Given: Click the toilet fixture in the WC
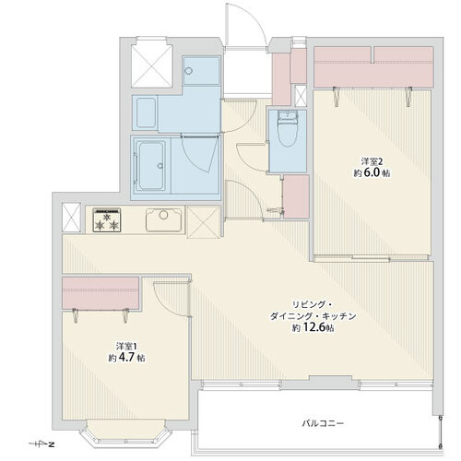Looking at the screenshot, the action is point(288,130).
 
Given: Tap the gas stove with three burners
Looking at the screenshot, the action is point(107,219).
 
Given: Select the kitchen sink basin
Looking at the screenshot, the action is point(163,219).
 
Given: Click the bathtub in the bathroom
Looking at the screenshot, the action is point(151,166).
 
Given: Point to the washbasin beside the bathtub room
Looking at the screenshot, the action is point(145,112).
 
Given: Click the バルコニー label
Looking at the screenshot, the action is point(323,423).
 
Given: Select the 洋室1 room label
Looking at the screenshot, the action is point(126,347).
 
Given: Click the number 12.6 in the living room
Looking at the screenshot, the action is point(314,327).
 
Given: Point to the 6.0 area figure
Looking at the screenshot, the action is point(372,172).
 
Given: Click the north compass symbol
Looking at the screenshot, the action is point(41,444).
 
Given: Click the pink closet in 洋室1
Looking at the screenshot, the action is point(100,293).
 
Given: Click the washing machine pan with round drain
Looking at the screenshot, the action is point(201,71).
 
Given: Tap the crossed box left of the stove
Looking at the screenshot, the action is point(71,218).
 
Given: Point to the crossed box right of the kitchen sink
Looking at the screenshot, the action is point(204,222).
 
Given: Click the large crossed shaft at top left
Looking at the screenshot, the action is point(151,65).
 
